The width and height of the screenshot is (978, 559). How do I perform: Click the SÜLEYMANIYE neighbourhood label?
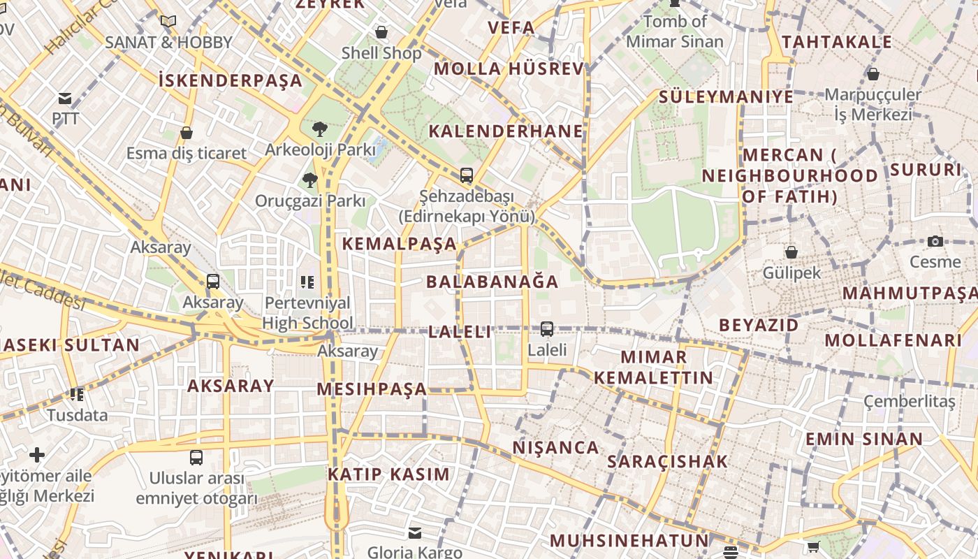(726, 96)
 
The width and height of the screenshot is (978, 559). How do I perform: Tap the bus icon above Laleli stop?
(547, 328)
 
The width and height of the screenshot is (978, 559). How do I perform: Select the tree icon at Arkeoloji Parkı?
(320, 129)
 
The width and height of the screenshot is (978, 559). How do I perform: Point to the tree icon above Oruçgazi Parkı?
(310, 180)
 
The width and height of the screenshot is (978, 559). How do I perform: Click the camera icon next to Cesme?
(935, 242)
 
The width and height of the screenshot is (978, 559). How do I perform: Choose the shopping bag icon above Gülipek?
(791, 252)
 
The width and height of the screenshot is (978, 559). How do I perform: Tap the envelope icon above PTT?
(65, 99)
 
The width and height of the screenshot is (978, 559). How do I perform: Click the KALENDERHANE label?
(506, 131)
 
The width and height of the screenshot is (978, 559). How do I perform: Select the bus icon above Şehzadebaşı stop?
(467, 175)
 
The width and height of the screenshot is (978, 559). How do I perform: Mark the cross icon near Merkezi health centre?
(37, 456)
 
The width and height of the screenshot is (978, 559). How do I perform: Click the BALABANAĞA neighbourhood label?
(492, 282)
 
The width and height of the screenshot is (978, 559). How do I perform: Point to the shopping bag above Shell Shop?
(381, 32)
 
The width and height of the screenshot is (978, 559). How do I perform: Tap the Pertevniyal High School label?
(308, 313)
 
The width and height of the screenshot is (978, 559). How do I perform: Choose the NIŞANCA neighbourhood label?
(555, 447)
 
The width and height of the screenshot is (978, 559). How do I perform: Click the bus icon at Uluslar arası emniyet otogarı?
(196, 458)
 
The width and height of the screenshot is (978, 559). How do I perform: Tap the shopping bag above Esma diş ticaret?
(187, 133)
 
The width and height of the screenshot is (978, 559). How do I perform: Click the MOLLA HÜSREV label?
(509, 68)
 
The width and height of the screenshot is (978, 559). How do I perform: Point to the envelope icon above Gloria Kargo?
(415, 533)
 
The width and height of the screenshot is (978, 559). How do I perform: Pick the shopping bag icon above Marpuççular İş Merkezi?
(873, 74)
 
